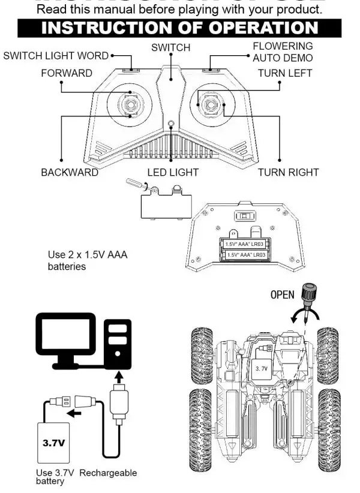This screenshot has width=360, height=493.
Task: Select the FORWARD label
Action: coord(67,73)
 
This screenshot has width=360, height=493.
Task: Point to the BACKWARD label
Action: coord(70,172)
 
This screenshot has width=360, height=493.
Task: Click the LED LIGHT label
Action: coord(173,172)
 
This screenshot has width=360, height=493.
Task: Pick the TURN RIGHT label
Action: coord(288,172)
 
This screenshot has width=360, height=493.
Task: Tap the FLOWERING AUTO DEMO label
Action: coord(283,52)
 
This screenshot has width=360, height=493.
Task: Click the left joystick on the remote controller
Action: coord(130,104)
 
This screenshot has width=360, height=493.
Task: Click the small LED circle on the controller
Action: coord(171,125)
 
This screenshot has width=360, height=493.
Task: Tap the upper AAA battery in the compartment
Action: coord(245,244)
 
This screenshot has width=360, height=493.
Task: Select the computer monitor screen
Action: coord(67,336)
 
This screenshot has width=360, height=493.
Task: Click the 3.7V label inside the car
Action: coord(261,369)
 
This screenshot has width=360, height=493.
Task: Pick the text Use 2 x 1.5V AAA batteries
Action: coord(88,261)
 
